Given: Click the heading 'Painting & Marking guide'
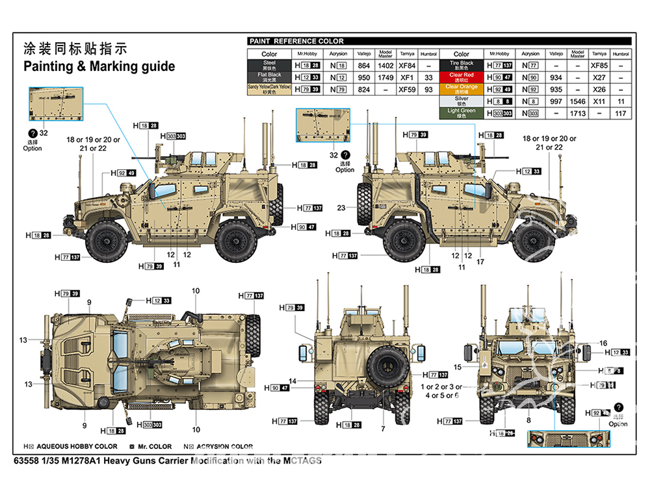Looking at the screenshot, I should tap(99, 66).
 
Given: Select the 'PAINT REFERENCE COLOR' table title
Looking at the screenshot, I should tap(296, 41).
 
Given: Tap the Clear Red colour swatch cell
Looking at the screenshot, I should tap(461, 76).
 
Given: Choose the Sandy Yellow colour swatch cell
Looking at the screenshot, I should tap(269, 90).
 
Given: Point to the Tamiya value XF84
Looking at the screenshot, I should tap(407, 66).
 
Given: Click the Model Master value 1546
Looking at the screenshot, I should tap(577, 102).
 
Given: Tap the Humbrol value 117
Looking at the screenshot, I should tap(621, 114).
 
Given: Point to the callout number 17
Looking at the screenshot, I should tap(480, 262).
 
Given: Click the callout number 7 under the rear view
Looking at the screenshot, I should tap(383, 429).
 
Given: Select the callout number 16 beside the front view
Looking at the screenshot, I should tap(603, 344).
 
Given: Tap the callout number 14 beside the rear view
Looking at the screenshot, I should tap(292, 381).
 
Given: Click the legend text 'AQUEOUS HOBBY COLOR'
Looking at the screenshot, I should tap(77, 446).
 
